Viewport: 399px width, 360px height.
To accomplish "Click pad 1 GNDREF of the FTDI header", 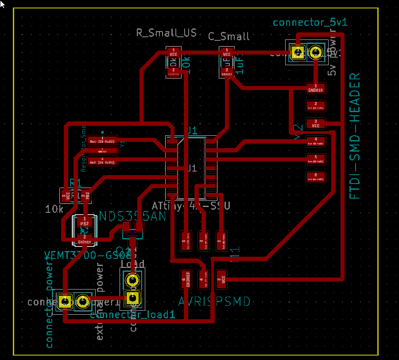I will (x=316, y=87).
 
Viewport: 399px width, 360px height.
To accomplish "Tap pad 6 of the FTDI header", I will (x=316, y=177).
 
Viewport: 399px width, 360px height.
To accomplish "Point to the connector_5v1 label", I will (x=304, y=23).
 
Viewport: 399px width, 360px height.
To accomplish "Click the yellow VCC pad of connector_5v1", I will (x=298, y=53).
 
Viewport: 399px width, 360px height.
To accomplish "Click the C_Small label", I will (x=229, y=36).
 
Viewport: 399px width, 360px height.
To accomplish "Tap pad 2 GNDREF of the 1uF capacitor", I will (x=227, y=72).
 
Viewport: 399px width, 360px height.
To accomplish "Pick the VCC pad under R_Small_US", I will (x=174, y=52).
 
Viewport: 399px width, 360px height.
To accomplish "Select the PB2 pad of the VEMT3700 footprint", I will (x=85, y=221).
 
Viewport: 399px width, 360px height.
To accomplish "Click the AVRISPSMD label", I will (x=214, y=302).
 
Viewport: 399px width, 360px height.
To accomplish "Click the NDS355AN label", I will (x=132, y=216).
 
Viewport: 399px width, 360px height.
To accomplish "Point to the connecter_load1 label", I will (x=132, y=315).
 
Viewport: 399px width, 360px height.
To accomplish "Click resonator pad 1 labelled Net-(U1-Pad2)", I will (x=102, y=140).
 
